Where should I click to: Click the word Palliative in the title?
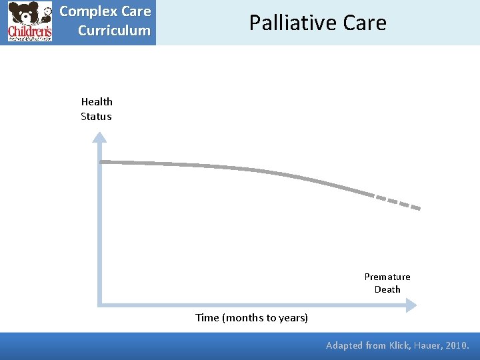coord(293,23)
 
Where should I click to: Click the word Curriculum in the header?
coord(114,31)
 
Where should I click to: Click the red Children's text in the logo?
coord(29,31)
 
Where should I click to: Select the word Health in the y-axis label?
coord(97,101)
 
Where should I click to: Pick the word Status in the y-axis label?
coord(96,116)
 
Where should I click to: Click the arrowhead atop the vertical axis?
coord(99,137)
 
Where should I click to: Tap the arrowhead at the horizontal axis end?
coord(411,305)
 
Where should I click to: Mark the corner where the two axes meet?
coord(99,305)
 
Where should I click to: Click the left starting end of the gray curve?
coord(102,161)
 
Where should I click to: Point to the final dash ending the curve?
coord(414,207)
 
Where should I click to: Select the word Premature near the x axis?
coord(387,277)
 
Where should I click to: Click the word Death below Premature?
coord(387,289)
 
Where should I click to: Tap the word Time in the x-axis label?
coord(207,317)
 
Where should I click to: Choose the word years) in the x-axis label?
coord(293,317)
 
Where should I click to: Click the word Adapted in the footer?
coord(344,345)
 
